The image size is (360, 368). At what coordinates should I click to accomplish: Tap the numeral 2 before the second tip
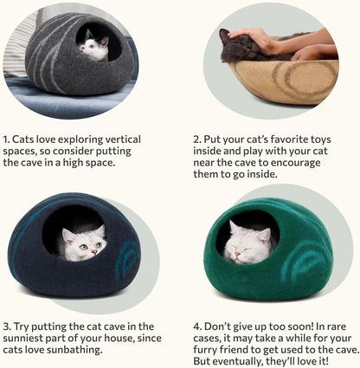(x=196, y=139)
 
